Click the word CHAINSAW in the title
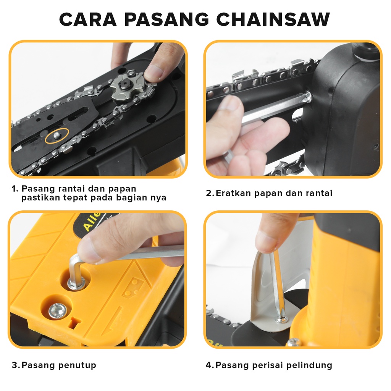pos(273,19)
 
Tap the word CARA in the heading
pos(88,19)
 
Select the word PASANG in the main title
pos(166,19)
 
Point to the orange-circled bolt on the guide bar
pos(57,135)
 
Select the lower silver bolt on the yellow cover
pos(57,311)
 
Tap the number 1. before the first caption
pos(15,189)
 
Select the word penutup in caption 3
pos(77,365)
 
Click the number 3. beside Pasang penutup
pos(16,365)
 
